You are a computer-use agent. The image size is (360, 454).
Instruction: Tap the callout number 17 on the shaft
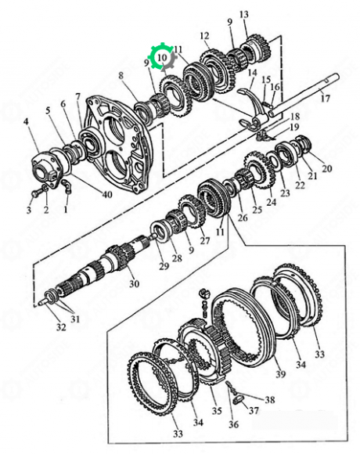click(326, 99)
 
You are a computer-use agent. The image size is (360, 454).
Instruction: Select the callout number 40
click(107, 194)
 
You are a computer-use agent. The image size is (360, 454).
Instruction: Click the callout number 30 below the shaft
click(135, 283)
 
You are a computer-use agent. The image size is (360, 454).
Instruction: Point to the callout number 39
click(280, 374)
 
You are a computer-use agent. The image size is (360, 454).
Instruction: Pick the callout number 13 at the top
click(244, 14)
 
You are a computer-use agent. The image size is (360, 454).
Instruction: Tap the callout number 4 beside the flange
click(27, 121)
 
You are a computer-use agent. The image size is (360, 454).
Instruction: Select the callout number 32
click(61, 327)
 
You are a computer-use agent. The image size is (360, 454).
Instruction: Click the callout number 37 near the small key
click(254, 410)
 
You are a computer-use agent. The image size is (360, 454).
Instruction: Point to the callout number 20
click(326, 168)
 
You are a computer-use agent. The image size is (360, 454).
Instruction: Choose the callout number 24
click(271, 202)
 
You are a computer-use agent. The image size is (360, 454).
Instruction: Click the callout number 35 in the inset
click(217, 411)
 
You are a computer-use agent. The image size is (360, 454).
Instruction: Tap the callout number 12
click(204, 35)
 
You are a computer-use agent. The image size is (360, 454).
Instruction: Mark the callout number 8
click(121, 76)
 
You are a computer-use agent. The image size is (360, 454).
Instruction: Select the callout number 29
click(164, 266)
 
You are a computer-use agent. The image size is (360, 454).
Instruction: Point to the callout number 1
click(66, 209)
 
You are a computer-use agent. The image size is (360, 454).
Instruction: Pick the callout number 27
click(205, 240)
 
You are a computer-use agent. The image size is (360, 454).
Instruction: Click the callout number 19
click(294, 127)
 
